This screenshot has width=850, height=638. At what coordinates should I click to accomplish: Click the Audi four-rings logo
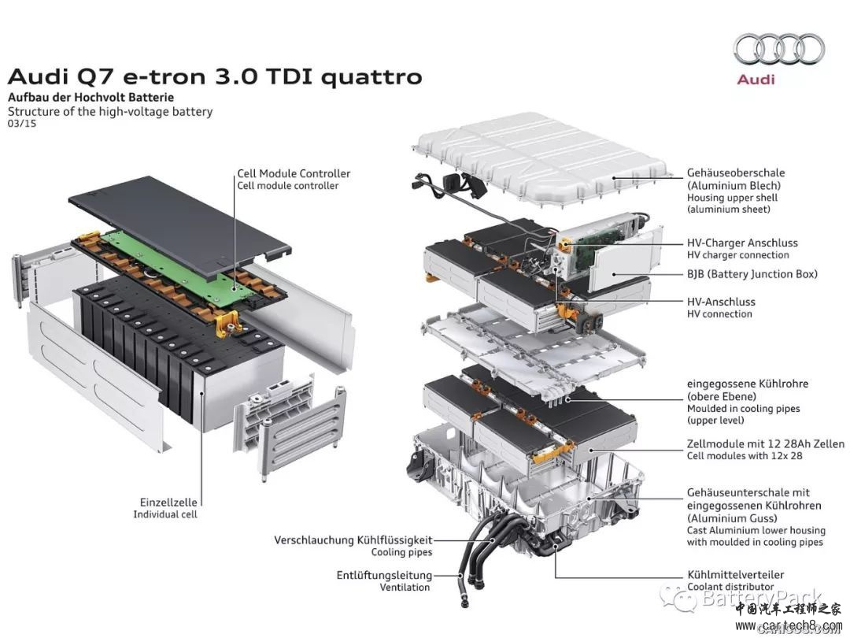(778, 49)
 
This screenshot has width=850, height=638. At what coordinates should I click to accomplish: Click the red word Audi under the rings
(756, 80)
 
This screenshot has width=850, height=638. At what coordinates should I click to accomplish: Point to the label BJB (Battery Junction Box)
(752, 274)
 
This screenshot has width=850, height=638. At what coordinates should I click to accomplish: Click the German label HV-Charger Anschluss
(742, 243)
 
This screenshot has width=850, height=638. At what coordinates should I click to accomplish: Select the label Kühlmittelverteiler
(735, 575)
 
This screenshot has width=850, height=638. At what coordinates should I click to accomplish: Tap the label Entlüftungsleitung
(384, 575)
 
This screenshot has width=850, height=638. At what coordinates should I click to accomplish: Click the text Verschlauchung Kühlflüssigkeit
(353, 540)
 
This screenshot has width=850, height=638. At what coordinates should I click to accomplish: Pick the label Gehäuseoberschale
(735, 172)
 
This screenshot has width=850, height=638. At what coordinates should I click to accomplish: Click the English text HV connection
(719, 314)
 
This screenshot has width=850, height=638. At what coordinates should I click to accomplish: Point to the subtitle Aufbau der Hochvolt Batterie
(91, 98)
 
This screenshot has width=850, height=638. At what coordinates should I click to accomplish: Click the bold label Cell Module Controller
(294, 173)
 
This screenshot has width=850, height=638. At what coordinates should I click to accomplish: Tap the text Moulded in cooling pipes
(743, 409)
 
